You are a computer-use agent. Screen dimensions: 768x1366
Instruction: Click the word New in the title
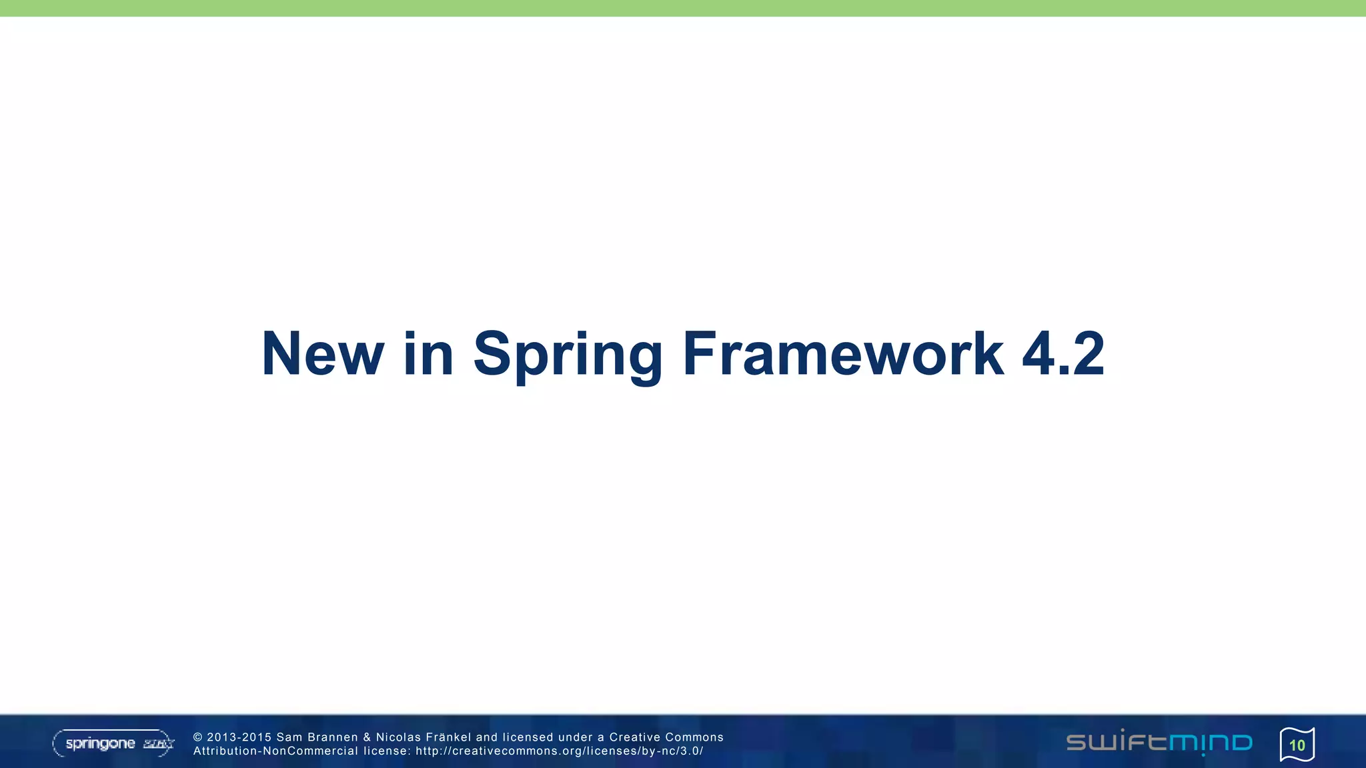[x=323, y=354]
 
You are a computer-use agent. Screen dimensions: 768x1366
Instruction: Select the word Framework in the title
[x=843, y=354]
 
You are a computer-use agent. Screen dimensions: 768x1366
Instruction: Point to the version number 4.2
[x=1063, y=354]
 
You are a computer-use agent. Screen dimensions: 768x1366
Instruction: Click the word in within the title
[x=428, y=354]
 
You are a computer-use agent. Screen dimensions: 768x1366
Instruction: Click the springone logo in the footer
[x=113, y=743]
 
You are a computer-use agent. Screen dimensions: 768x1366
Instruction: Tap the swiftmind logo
[x=1159, y=743]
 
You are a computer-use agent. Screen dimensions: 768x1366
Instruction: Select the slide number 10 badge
[x=1297, y=745]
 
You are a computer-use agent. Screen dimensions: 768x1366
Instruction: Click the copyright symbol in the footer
[x=197, y=737]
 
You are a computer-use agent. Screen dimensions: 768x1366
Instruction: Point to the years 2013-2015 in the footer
[x=239, y=737]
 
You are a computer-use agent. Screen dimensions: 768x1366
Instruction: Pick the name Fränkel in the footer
[x=448, y=737]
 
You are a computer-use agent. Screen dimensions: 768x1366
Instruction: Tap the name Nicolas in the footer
[x=398, y=737]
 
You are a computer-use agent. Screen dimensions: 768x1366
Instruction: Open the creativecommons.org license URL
[x=559, y=751]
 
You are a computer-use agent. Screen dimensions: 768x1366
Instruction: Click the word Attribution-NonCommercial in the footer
[x=275, y=751]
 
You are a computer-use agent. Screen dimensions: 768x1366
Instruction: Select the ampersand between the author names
[x=367, y=737]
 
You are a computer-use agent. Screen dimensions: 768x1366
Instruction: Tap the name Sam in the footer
[x=289, y=737]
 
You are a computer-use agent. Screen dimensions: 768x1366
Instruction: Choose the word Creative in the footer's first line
[x=634, y=737]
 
